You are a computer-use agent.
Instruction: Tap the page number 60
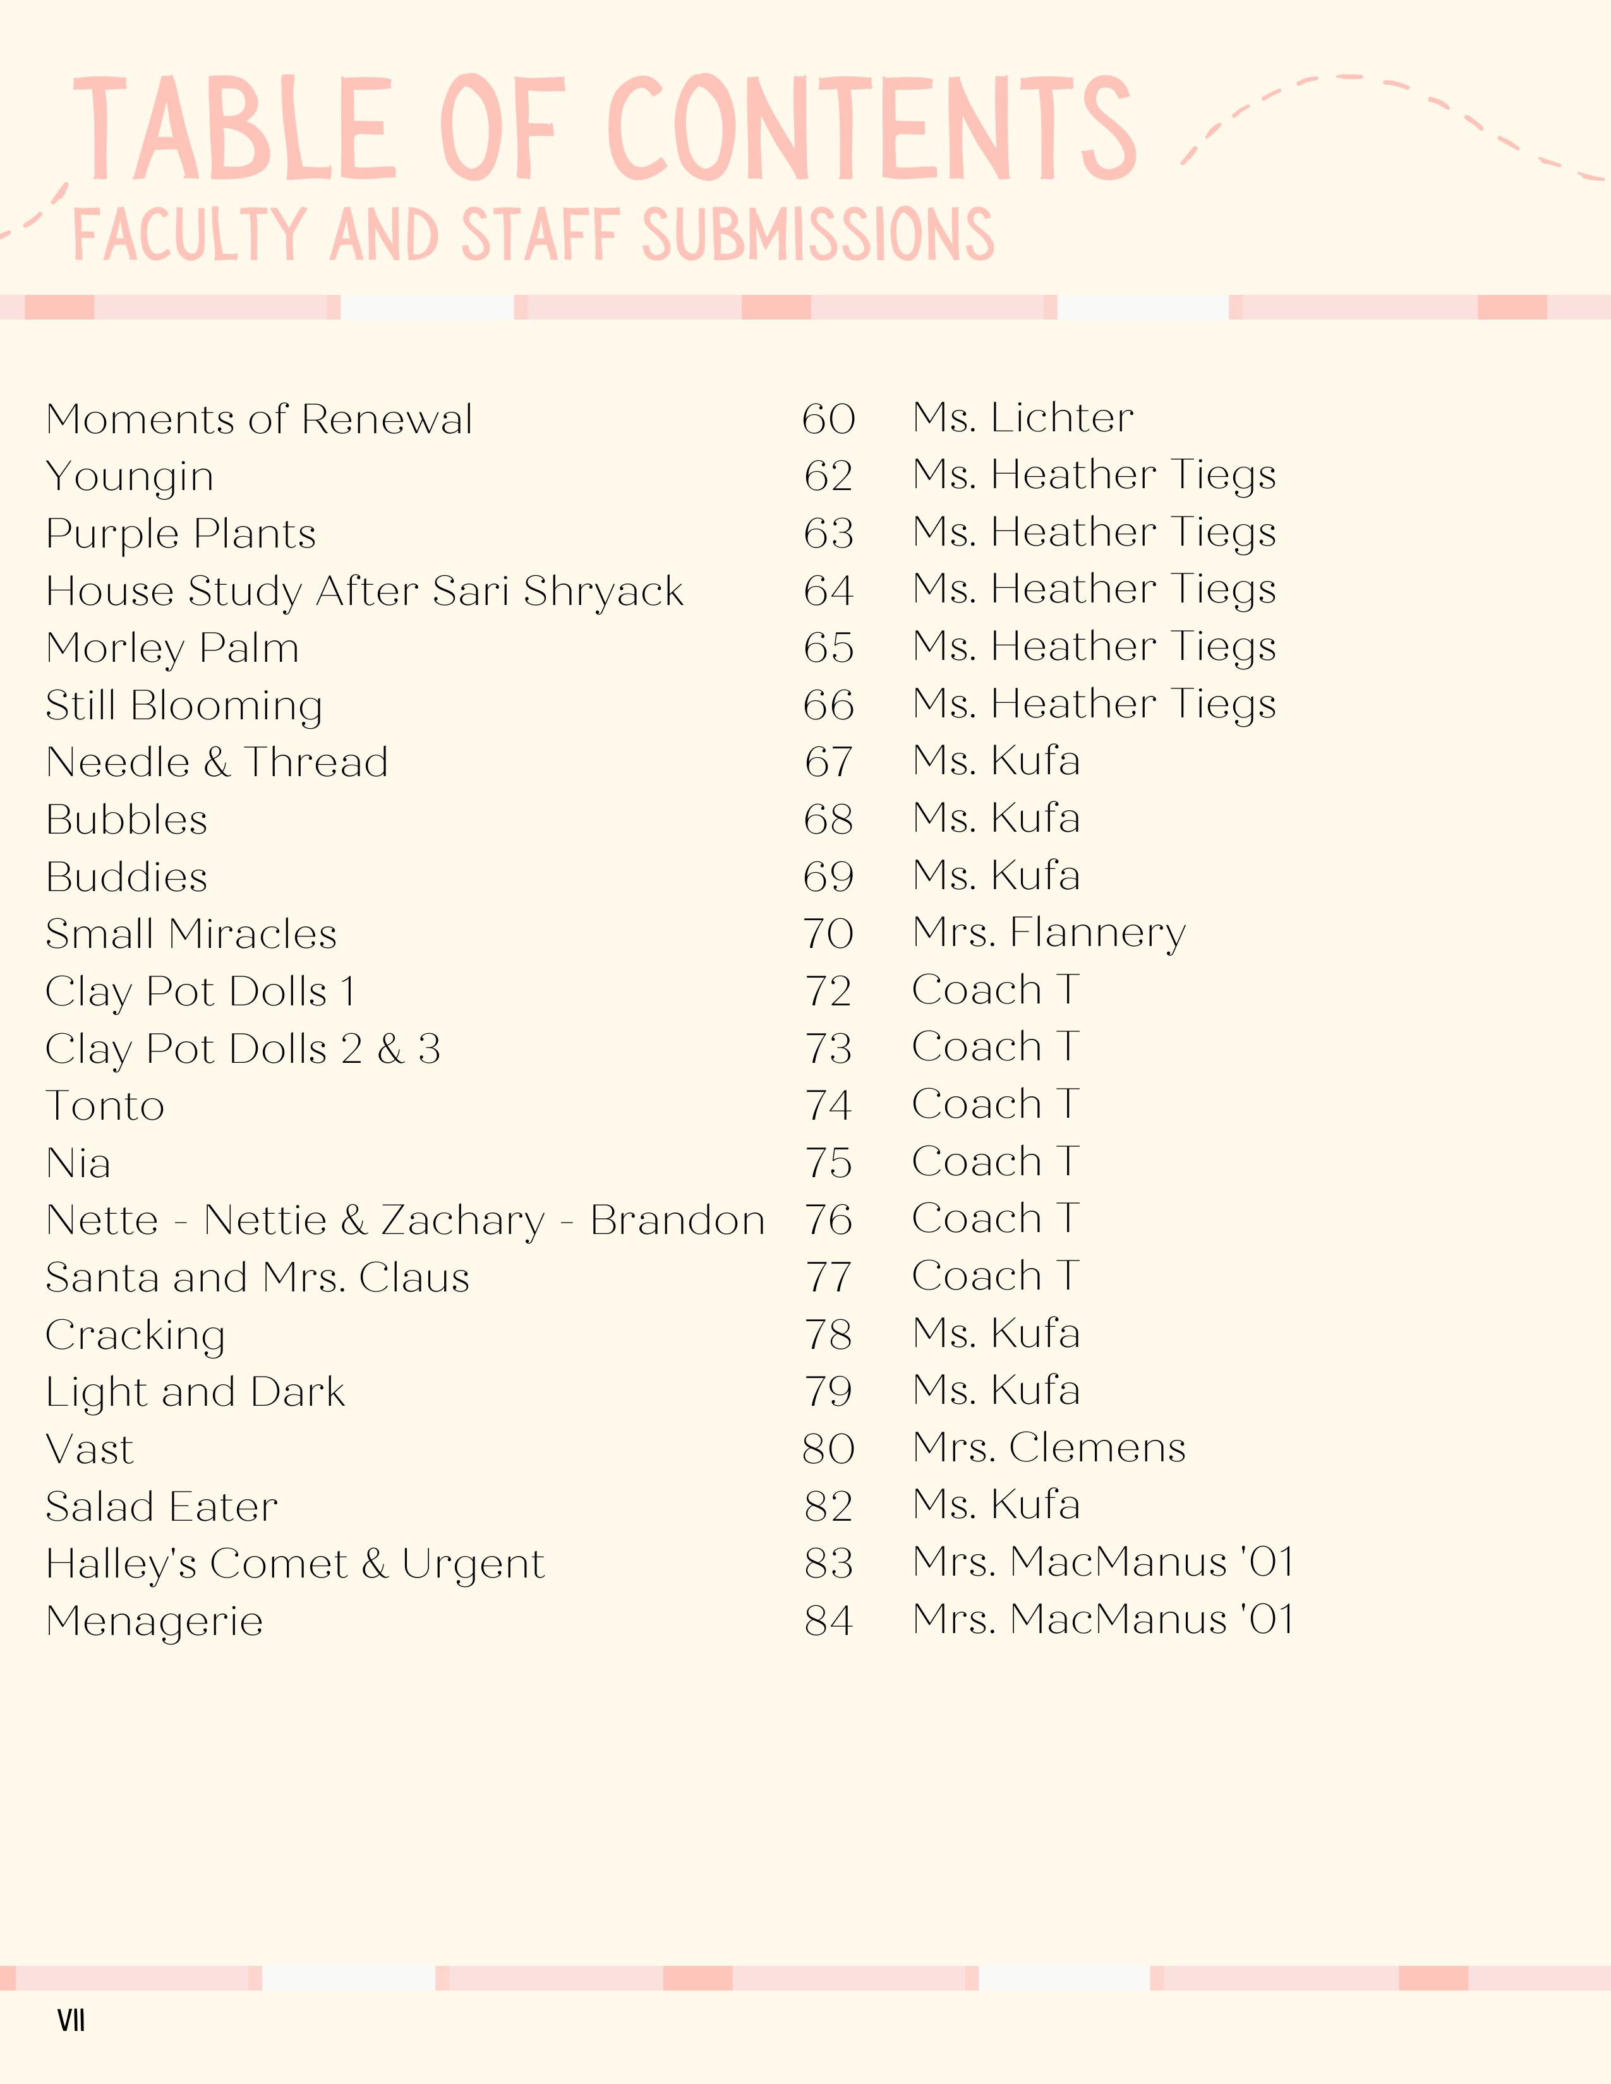(828, 420)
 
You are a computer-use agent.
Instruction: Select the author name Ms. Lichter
(1023, 418)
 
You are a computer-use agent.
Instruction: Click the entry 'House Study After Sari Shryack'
(365, 592)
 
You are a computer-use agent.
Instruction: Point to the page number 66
(828, 706)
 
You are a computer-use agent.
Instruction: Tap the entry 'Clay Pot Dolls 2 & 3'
(243, 1049)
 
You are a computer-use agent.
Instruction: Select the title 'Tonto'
(105, 1107)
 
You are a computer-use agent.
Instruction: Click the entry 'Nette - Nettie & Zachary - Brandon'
(405, 1221)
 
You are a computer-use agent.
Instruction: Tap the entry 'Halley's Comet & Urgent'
(295, 1564)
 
